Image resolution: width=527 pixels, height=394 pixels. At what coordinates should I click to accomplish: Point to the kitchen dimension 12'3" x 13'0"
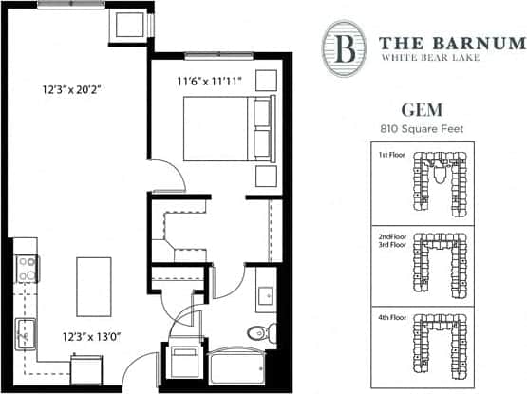pos(93,335)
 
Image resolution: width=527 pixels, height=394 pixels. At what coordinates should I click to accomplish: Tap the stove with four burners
pos(26,267)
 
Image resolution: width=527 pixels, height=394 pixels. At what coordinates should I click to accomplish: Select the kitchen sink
pos(24,333)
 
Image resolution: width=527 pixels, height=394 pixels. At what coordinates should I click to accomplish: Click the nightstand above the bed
pos(265,80)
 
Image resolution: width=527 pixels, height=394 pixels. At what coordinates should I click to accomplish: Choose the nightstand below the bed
pos(265,176)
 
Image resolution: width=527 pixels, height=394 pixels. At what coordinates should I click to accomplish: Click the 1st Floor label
pos(390,154)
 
